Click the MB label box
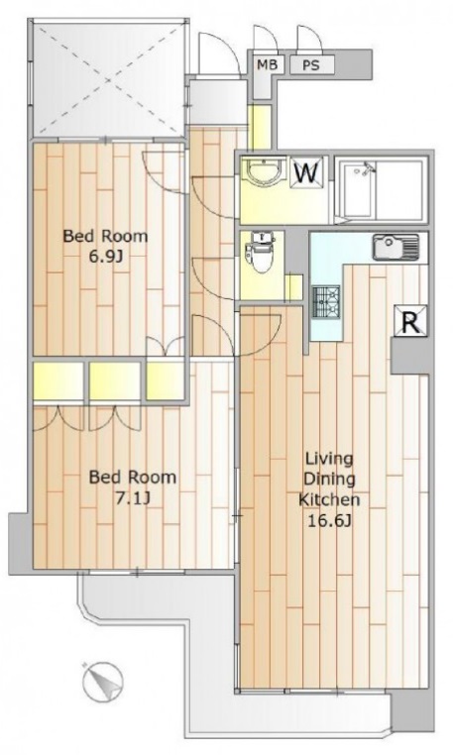click(x=268, y=64)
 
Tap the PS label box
click(x=311, y=64)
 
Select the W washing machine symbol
click(x=306, y=172)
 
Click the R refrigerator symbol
click(x=411, y=320)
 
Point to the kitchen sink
click(x=396, y=248)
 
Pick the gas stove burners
click(x=327, y=301)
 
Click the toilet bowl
click(x=261, y=254)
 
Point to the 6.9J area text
click(x=106, y=258)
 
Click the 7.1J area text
click(x=132, y=498)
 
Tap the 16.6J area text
click(x=329, y=520)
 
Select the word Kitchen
click(x=329, y=499)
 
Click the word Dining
click(x=329, y=479)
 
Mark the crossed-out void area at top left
click(x=107, y=79)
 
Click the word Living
click(x=329, y=459)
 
